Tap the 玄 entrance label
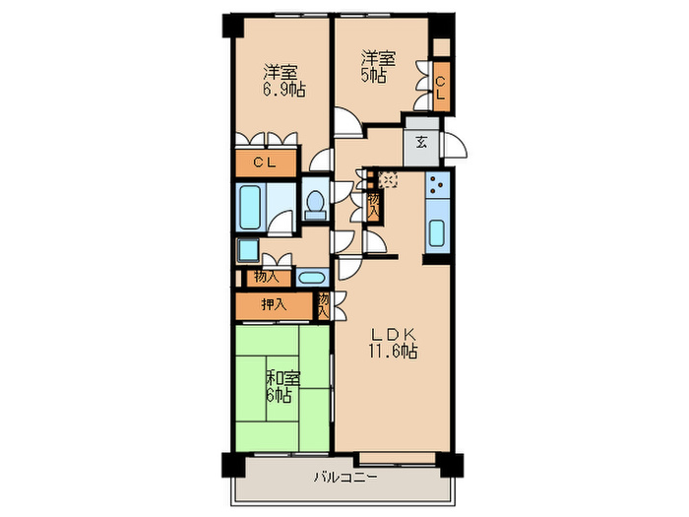point(420,142)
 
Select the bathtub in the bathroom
point(252,207)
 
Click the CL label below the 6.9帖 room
point(264,162)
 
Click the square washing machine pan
point(247,251)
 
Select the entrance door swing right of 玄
point(453,148)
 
